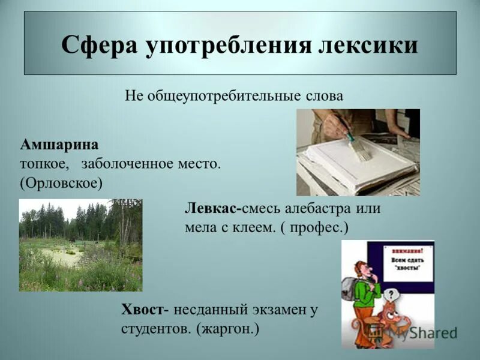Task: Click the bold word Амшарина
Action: pos(59,145)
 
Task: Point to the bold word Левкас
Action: pos(212,209)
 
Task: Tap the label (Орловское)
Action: pos(61,182)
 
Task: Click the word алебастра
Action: pos(317,209)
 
